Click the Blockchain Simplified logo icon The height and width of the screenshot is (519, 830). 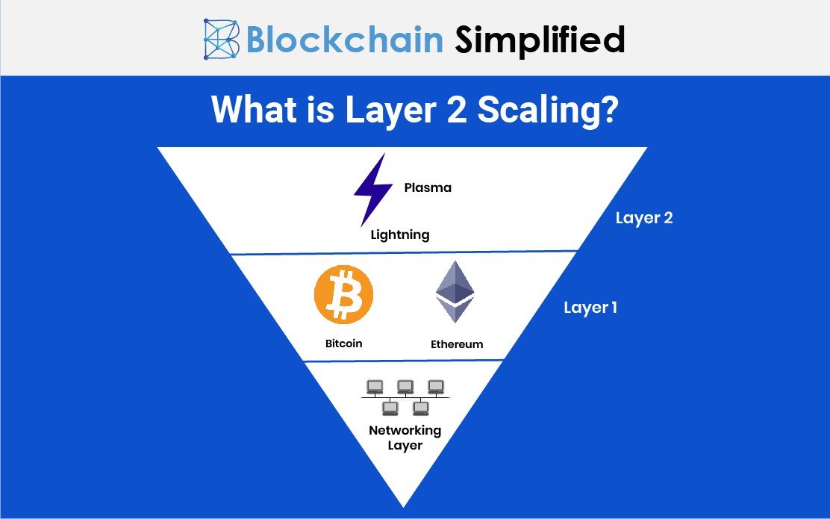221,39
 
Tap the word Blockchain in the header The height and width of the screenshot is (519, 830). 344,40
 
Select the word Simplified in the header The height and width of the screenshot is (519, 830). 540,40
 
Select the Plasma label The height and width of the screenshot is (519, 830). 428,187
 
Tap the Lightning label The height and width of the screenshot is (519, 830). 400,234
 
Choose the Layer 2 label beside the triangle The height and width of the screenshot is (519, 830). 644,218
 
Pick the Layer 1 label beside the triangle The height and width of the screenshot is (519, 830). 590,307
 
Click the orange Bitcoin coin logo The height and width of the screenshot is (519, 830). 343,294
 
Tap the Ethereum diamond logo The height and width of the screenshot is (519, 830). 455,291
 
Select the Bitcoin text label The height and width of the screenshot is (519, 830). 343,344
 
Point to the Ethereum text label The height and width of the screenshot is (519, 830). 457,344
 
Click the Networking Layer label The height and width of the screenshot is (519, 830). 405,438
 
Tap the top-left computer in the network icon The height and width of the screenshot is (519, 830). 375,386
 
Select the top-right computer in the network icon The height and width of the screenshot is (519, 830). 436,386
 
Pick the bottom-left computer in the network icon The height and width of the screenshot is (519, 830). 390,407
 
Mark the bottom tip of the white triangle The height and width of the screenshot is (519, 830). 404,504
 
